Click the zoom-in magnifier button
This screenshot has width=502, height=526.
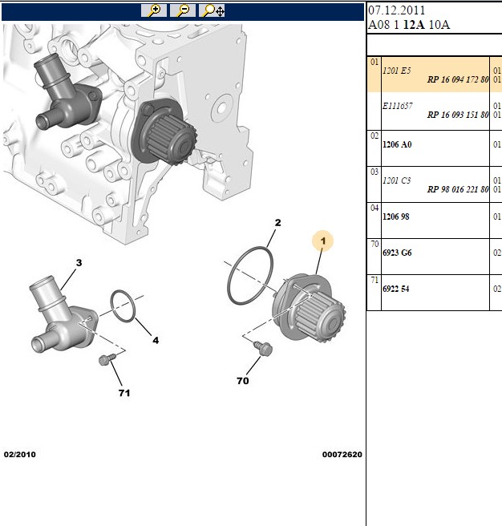[x=154, y=10]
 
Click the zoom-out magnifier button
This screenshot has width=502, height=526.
[x=183, y=10]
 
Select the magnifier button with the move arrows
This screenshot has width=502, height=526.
[x=212, y=10]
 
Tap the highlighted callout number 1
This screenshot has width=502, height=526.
[x=323, y=241]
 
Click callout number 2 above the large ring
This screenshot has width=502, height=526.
[x=277, y=222]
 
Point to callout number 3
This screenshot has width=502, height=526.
[x=79, y=263]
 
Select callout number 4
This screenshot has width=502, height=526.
[x=156, y=340]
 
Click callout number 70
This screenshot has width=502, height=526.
[x=243, y=381]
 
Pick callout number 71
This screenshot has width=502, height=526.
[x=124, y=393]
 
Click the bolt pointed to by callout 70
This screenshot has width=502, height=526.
[x=263, y=347]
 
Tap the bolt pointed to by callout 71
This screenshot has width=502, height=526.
[x=107, y=359]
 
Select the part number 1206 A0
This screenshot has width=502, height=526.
[x=397, y=144]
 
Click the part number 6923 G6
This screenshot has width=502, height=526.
[x=397, y=253]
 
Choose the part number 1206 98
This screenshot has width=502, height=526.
[x=396, y=216]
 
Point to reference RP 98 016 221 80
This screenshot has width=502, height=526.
[x=458, y=189]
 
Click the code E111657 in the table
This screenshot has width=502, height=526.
[x=397, y=106]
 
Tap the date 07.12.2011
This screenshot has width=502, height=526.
[x=397, y=10]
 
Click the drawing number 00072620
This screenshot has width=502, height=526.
[x=342, y=455]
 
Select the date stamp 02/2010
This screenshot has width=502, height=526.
[x=20, y=455]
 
